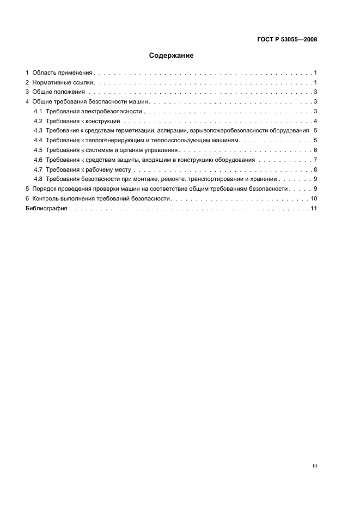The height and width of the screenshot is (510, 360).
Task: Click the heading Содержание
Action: click(x=171, y=56)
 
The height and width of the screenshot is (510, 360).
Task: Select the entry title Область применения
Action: click(x=63, y=72)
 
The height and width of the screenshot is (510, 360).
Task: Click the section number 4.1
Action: click(x=38, y=111)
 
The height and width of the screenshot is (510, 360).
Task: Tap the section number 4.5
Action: click(x=38, y=150)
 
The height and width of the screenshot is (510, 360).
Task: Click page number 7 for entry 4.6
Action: click(x=315, y=160)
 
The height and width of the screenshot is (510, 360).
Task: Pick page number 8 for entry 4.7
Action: click(x=315, y=169)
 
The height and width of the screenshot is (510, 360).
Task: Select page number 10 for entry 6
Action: click(x=314, y=198)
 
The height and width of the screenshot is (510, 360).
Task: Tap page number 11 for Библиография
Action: click(x=314, y=208)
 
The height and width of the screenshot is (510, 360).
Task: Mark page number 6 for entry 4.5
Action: click(x=315, y=150)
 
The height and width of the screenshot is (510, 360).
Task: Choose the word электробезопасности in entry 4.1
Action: click(x=111, y=111)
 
